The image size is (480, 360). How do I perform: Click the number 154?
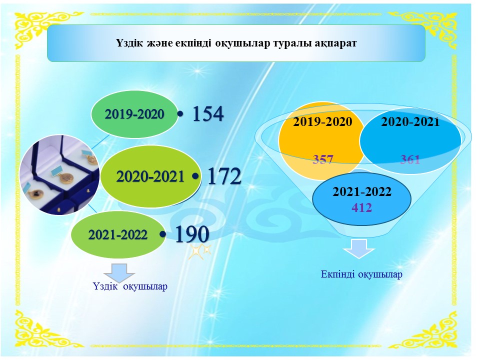click(208, 114)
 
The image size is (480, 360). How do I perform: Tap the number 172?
click(224, 176)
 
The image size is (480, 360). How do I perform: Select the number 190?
click(192, 234)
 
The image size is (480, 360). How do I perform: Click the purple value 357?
click(322, 159)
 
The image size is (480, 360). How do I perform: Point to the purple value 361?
click(410, 159)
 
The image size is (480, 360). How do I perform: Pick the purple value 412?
click(362, 208)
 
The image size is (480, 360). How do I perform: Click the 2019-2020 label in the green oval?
click(134, 114)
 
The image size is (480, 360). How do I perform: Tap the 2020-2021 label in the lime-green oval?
click(150, 176)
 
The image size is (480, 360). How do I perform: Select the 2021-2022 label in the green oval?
click(118, 235)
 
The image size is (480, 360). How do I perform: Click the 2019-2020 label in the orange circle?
click(322, 122)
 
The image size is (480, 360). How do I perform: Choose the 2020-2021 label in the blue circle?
click(410, 122)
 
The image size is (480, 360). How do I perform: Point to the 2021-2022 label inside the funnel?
click(362, 192)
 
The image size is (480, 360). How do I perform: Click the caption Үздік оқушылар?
click(130, 286)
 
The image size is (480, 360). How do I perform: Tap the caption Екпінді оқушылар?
click(361, 274)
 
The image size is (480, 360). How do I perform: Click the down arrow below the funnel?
click(359, 249)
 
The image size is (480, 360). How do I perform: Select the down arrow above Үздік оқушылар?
click(119, 272)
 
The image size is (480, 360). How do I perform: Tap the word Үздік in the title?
click(129, 43)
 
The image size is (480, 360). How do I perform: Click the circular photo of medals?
click(59, 175)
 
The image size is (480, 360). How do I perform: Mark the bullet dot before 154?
click(180, 114)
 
